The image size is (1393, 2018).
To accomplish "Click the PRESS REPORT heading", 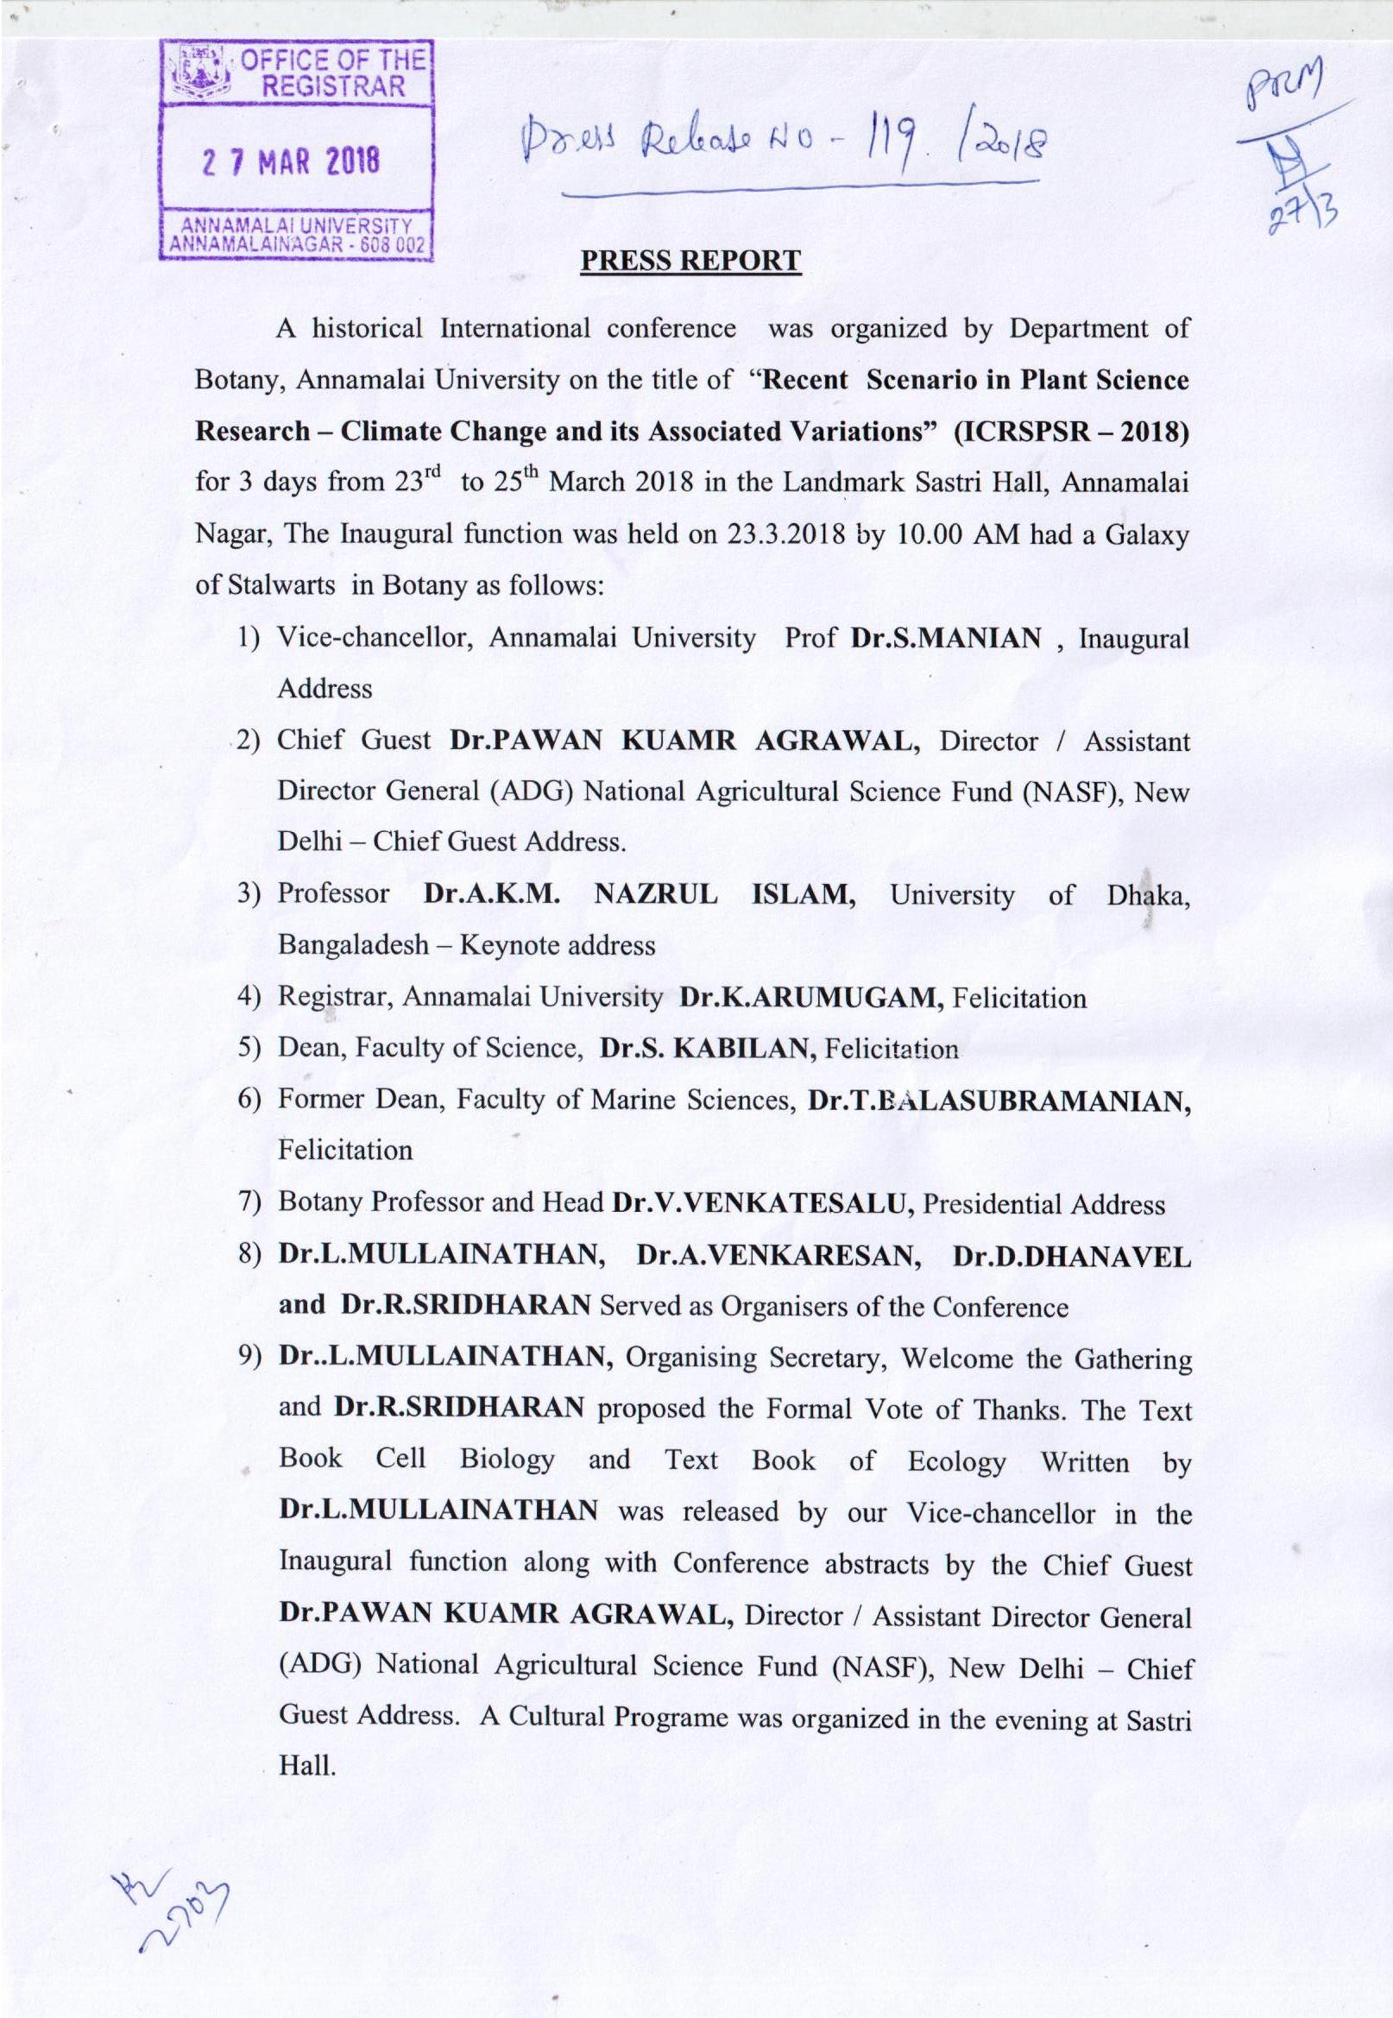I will [690, 261].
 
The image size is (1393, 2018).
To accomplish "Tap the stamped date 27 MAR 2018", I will [291, 161].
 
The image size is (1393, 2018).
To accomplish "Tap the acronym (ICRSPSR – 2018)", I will [1071, 432].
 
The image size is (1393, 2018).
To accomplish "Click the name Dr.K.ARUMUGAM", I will [810, 997].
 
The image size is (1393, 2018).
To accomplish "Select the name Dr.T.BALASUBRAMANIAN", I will [999, 1100].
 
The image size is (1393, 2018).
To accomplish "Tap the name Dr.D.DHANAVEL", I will [1071, 1256].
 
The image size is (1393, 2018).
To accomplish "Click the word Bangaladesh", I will [354, 945].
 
